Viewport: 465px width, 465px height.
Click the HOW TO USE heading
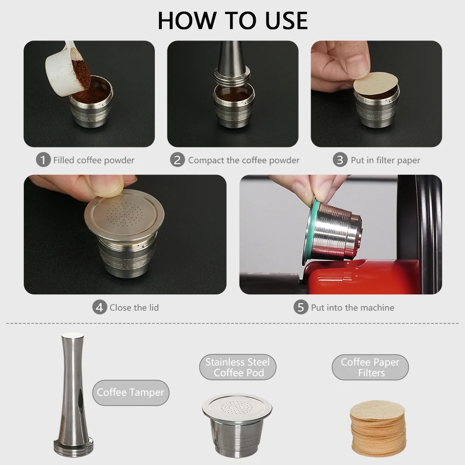coord(232,20)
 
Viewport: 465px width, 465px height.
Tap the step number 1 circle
coord(43,160)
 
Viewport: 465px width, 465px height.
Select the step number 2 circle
coord(177,160)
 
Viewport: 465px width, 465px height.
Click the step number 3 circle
coord(340,160)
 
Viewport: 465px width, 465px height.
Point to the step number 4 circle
coord(99,307)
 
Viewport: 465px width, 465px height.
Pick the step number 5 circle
coord(301,307)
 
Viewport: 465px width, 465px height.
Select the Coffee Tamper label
coord(130,392)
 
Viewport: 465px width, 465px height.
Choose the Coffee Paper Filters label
coord(370,367)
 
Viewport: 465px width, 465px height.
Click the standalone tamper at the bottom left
coord(72,395)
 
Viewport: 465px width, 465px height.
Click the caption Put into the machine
coord(352,307)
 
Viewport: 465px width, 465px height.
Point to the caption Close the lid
coord(134,307)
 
